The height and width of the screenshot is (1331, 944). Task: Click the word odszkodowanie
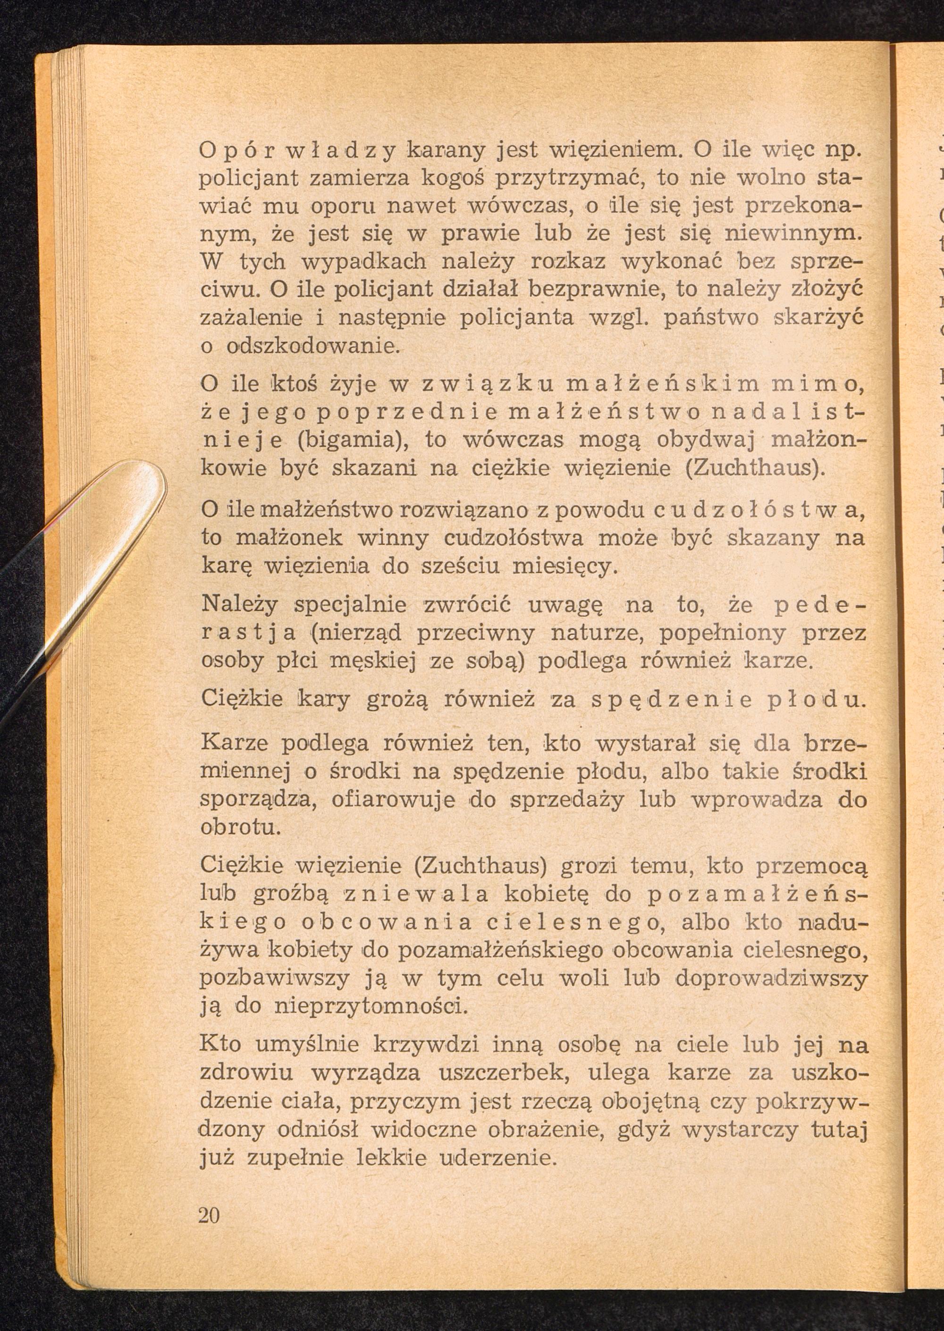point(312,347)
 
